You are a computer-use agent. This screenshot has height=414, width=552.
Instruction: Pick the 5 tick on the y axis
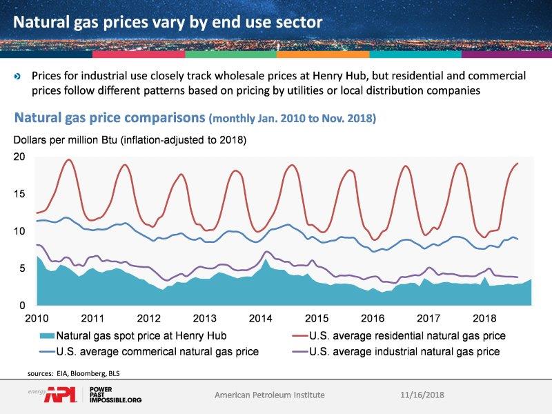click(21, 268)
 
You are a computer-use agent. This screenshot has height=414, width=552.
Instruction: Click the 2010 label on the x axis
click(36, 319)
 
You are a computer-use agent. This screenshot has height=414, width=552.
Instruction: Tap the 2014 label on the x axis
click(260, 319)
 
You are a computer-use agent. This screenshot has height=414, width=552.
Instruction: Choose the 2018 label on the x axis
click(484, 319)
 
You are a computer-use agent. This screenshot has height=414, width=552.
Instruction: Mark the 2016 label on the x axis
click(372, 319)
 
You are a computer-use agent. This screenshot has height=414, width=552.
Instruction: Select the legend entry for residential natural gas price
click(396, 336)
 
